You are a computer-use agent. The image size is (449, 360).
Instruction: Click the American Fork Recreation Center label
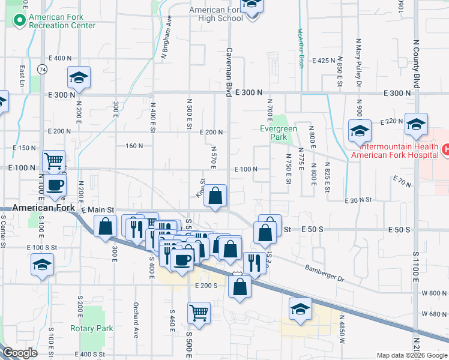(62, 21)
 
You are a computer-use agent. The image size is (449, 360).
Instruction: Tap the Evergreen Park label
(274, 132)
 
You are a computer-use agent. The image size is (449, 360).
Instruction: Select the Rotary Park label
(91, 328)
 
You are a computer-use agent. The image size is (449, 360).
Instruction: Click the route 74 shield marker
(41, 69)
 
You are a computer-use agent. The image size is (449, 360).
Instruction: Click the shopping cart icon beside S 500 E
(199, 313)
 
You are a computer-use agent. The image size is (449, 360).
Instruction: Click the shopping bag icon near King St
(215, 196)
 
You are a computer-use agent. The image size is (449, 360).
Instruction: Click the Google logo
(20, 353)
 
